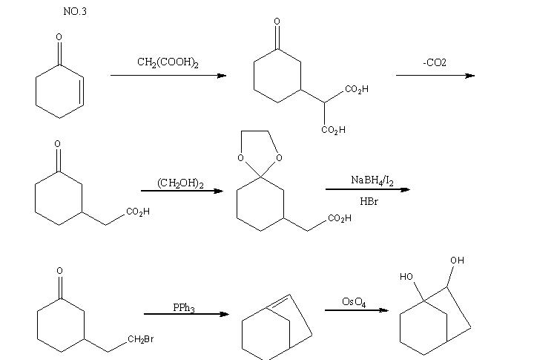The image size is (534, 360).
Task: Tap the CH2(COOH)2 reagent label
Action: (168, 62)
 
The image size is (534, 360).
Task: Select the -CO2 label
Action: (435, 63)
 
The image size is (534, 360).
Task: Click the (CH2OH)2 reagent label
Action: (181, 183)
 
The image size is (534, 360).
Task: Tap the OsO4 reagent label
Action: (354, 301)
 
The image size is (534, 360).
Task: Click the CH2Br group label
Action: (140, 339)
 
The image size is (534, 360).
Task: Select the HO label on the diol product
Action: (406, 276)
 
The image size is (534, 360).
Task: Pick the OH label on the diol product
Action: (457, 261)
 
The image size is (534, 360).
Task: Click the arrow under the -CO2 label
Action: (435, 75)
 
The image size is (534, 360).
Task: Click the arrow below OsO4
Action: (357, 310)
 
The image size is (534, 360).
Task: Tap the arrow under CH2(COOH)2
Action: (168, 75)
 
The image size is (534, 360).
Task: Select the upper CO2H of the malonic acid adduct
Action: (357, 90)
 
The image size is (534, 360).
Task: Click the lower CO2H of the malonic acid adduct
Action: (333, 131)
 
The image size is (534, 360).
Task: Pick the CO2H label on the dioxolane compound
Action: (340, 218)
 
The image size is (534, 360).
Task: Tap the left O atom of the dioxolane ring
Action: (240, 157)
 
